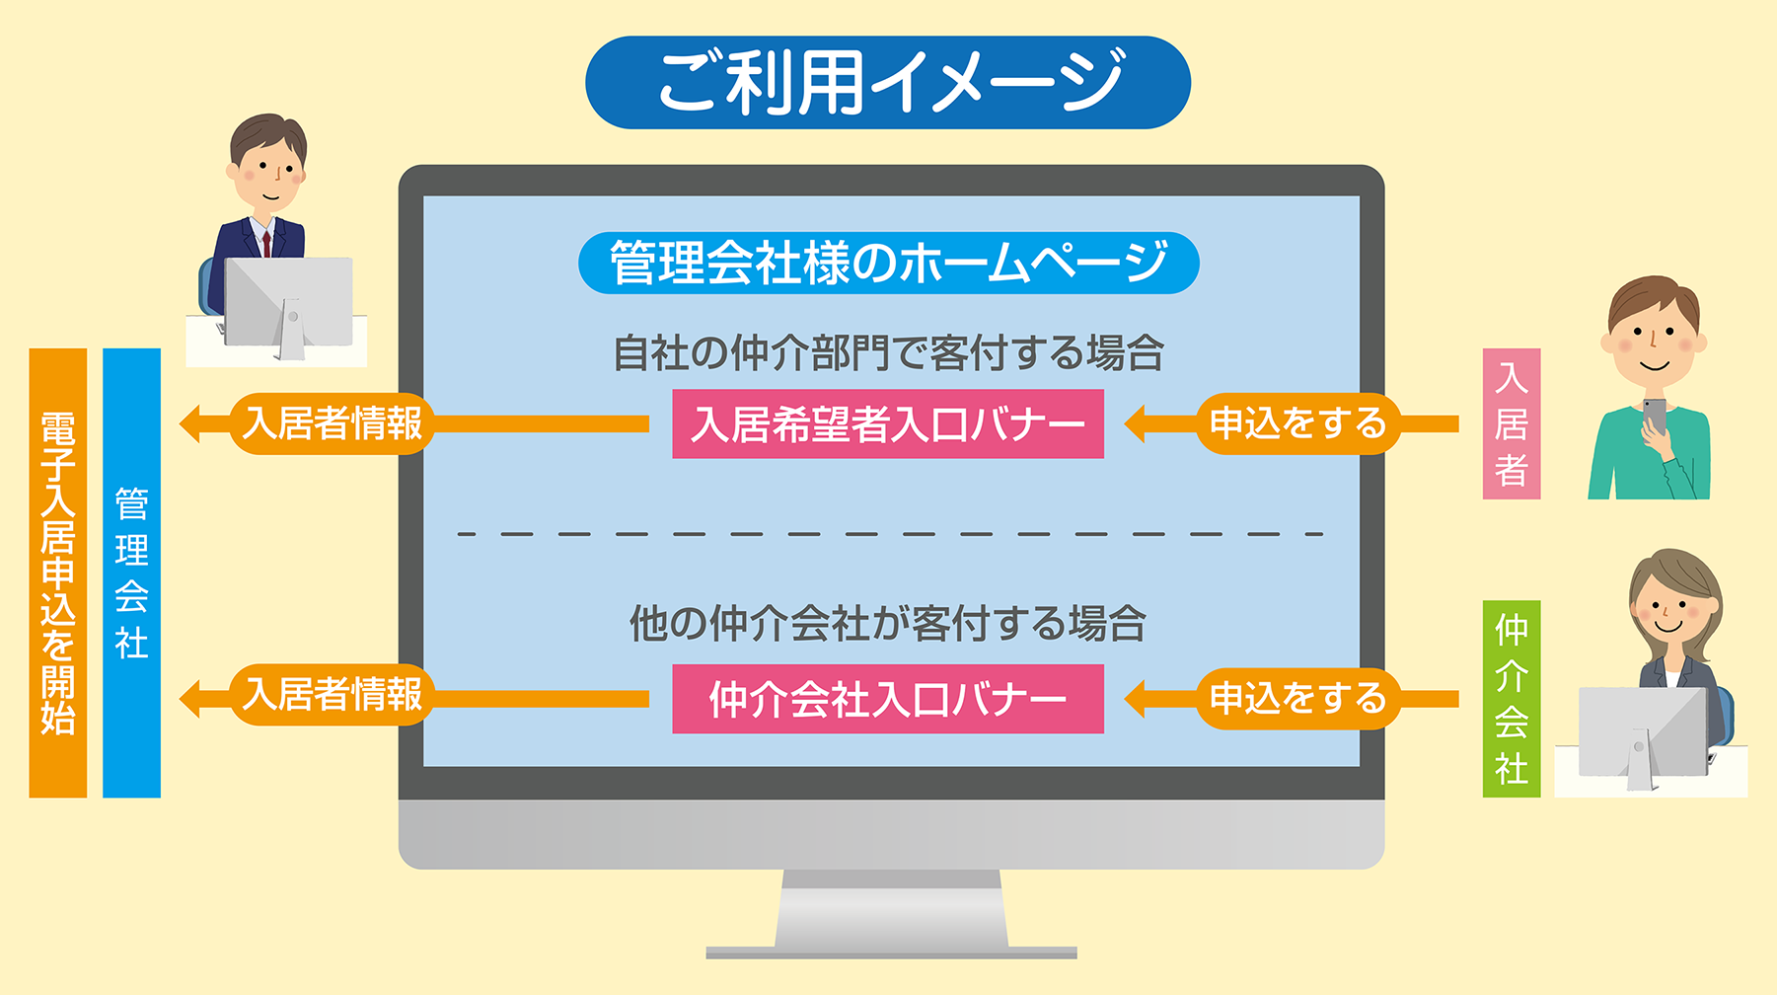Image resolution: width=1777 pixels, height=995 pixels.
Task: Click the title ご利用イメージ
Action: pos(888,83)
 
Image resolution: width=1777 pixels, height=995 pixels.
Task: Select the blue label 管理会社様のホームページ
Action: pos(888,264)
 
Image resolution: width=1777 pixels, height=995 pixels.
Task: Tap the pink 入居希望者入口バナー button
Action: pos(888,424)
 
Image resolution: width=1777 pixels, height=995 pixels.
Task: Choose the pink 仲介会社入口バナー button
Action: pos(888,699)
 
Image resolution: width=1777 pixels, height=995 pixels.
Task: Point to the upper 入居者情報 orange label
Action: pos(333,424)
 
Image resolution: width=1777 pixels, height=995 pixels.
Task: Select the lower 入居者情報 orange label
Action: pos(333,695)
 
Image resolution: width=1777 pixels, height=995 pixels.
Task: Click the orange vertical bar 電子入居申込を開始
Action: pos(58,573)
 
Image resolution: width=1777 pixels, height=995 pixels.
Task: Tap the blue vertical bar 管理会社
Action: pos(131,573)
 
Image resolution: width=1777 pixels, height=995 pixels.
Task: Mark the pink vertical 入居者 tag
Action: pos(1512,423)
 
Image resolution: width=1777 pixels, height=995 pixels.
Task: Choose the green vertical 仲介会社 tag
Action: pos(1512,699)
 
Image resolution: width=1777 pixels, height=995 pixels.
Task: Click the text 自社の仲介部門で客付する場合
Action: pos(888,353)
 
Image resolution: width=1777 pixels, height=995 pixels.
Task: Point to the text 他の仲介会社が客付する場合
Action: pos(888,624)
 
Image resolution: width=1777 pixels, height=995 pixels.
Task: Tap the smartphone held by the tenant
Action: pos(1655,415)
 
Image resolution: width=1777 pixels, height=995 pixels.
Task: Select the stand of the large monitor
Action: pos(891,913)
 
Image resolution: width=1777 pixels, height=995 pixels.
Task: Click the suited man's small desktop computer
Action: pos(288,302)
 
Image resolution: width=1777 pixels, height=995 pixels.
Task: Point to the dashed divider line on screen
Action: pos(888,534)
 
